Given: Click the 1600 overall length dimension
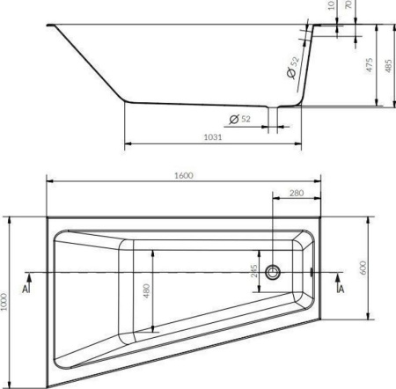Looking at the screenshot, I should tap(183, 174).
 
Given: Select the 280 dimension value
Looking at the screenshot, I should tap(296, 194).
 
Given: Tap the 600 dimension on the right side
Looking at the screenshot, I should tap(362, 266).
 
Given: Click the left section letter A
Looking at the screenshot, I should tap(26, 289).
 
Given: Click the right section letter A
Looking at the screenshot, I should tap(341, 289).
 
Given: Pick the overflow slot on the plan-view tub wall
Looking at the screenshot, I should tap(312, 272).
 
